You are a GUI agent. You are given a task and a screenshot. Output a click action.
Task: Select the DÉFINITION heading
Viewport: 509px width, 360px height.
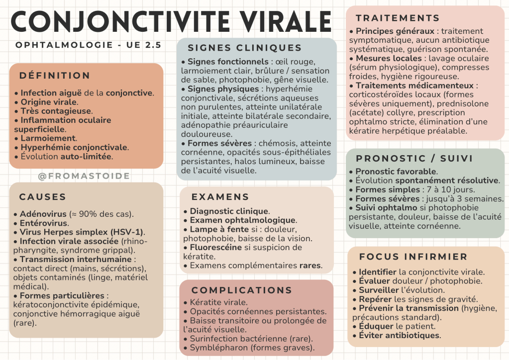[x=55, y=76]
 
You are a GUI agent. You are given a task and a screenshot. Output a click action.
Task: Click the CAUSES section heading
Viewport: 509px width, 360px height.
[x=43, y=197]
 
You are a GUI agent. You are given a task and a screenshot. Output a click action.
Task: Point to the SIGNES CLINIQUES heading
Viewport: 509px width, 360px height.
[x=244, y=48]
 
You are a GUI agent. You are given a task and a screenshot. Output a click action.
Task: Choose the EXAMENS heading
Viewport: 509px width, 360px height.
[x=220, y=197]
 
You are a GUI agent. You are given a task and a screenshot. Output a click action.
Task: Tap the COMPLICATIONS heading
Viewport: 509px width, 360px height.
[x=242, y=290]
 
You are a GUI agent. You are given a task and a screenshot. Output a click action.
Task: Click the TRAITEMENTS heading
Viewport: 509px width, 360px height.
[x=398, y=18]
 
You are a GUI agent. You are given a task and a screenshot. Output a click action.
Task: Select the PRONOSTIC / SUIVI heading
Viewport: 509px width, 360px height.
[x=414, y=159]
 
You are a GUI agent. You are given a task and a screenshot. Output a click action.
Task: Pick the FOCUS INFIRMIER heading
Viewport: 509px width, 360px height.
[x=413, y=257]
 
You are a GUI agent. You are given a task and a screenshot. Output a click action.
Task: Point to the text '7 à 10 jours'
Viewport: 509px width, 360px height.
[x=452, y=189]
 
